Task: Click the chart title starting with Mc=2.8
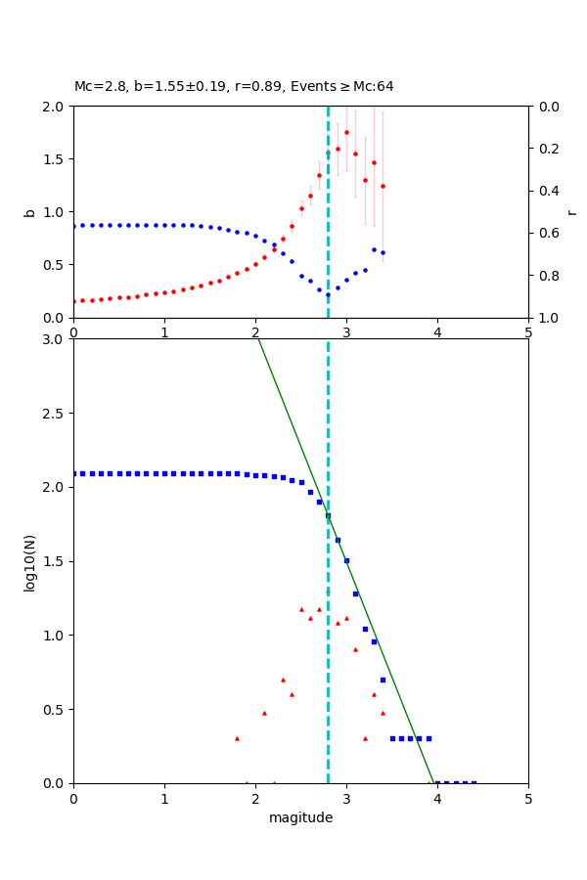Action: point(234,87)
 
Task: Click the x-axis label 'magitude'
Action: point(300,817)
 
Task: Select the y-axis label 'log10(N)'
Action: point(29,561)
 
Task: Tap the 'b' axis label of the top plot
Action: point(29,211)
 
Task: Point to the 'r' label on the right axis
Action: point(571,211)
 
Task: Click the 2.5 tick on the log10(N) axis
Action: point(55,414)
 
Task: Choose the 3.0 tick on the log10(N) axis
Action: point(55,339)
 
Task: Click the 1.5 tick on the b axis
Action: point(55,159)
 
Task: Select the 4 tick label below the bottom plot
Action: point(437,799)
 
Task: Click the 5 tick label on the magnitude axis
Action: point(528,799)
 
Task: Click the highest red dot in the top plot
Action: point(346,132)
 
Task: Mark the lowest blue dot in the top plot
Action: point(328,293)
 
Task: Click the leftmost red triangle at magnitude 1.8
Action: point(237,738)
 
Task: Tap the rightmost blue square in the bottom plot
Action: point(474,783)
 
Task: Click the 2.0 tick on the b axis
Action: point(55,107)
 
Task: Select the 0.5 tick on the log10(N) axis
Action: point(55,710)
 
